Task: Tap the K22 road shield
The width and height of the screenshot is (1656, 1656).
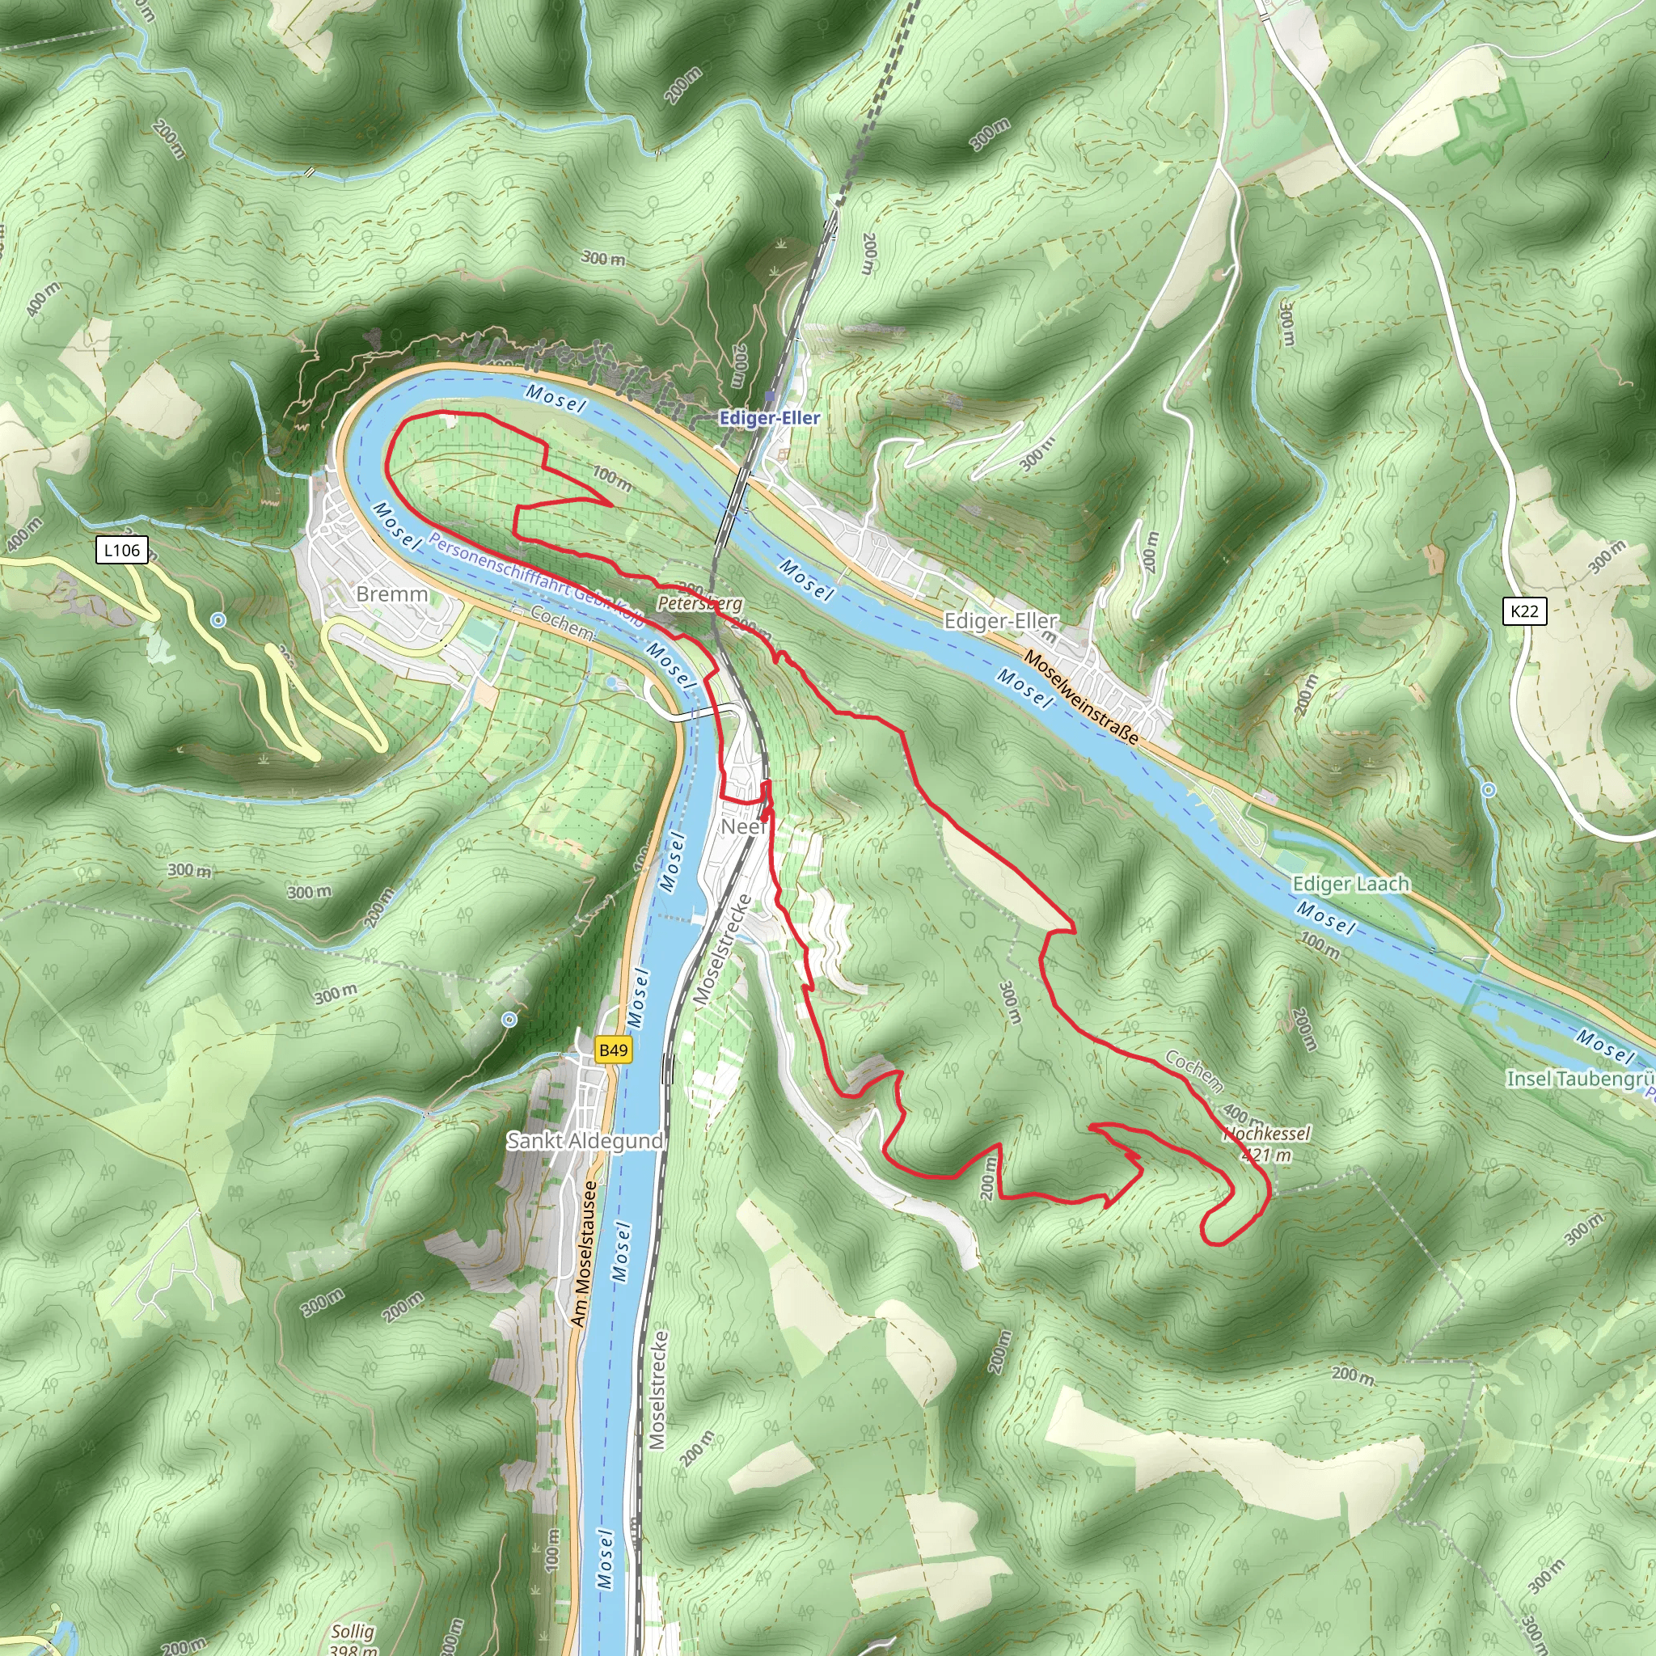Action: point(1524,611)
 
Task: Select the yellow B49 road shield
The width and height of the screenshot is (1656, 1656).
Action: point(614,1050)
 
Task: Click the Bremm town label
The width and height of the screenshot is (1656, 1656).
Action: point(391,594)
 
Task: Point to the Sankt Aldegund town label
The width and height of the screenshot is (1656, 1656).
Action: point(585,1141)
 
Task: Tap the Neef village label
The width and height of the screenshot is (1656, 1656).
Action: point(742,826)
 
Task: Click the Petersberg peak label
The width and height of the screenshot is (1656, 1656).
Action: point(699,603)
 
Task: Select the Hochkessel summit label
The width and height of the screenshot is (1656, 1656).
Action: point(1266,1134)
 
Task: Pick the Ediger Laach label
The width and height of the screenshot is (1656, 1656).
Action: point(1350,884)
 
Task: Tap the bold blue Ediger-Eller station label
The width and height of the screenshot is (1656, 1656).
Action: point(769,418)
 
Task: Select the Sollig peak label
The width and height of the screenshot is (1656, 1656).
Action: point(353,1632)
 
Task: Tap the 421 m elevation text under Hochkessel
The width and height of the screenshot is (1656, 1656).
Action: point(1266,1155)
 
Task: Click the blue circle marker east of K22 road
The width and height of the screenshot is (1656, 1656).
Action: point(1489,790)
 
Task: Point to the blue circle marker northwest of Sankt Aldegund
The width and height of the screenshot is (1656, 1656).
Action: point(509,1019)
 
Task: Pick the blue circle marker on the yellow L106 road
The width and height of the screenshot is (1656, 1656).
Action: point(218,619)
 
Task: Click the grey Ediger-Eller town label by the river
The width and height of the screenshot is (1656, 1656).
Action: point(1000,620)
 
